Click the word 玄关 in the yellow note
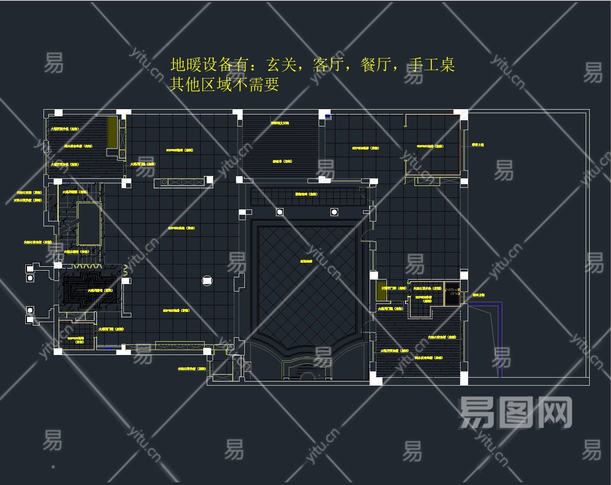281,65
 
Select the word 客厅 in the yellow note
328,65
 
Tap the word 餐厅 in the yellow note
375,65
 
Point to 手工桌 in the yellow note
431,65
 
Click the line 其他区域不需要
224,84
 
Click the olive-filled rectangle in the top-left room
112,132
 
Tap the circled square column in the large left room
207,280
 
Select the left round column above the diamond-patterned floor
280,212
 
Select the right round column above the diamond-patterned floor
334,212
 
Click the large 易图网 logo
515,413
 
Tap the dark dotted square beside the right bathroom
452,293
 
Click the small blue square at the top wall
327,116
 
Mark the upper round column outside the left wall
30,278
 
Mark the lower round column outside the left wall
30,310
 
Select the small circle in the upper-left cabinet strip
164,181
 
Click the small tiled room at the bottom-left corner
77,336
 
